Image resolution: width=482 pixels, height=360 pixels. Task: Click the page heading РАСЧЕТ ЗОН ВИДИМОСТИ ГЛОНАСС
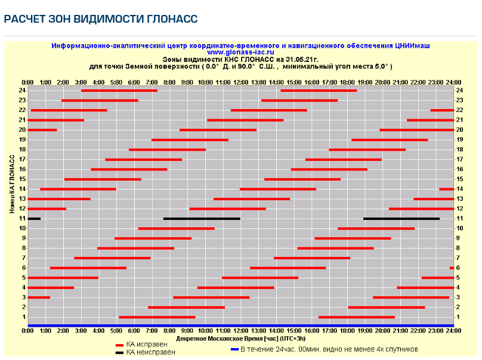[x=100, y=20]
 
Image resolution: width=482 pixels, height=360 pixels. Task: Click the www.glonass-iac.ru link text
[x=240, y=52]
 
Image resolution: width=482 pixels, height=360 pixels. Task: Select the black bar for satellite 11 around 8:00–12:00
[x=202, y=219]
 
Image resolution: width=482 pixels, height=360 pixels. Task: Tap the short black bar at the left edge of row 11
[x=34, y=219]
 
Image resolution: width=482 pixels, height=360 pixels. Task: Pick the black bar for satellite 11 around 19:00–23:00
[x=401, y=219]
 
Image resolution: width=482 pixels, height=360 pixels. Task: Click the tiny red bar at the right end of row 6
[x=452, y=268]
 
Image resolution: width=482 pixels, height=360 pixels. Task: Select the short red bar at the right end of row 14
[x=446, y=189]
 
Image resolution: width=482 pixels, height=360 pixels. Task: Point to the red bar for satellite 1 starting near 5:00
[x=157, y=317]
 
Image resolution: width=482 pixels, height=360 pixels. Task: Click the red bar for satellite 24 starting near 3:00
[x=119, y=91]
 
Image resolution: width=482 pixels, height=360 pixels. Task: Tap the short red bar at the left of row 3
[x=39, y=297]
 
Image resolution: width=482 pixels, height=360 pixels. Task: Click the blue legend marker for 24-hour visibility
[x=234, y=349]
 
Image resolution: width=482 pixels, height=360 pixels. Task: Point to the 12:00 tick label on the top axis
[x=240, y=82]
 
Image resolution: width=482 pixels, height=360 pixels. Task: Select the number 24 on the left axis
[x=22, y=91]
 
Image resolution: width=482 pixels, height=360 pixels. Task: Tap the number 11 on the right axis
[x=459, y=219]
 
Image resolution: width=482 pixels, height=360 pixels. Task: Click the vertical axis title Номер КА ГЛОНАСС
[x=12, y=185]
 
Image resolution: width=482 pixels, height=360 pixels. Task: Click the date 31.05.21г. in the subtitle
[x=301, y=60]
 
